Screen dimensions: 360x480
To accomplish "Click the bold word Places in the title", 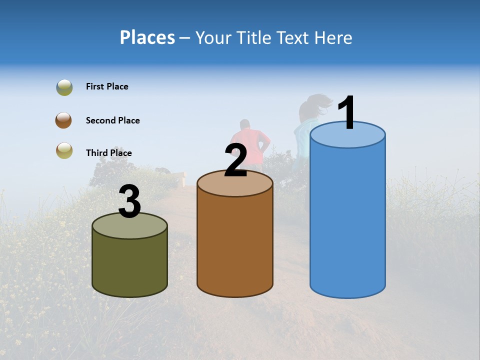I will tap(147, 37).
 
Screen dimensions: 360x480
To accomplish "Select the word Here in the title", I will tap(333, 37).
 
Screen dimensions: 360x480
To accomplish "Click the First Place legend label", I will tap(107, 86).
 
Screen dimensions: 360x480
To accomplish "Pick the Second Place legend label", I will tap(112, 120).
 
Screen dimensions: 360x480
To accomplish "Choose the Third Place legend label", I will tap(109, 153).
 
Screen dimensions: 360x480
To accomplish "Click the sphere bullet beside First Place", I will tap(64, 87).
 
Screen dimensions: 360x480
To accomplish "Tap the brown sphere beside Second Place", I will tap(63, 120).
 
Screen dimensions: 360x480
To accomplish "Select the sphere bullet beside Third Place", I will tap(64, 150).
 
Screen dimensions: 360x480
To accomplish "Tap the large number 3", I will tap(130, 201).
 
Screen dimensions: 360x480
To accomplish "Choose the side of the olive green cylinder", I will tap(130, 265).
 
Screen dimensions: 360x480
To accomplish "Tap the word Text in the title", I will tap(296, 37).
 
